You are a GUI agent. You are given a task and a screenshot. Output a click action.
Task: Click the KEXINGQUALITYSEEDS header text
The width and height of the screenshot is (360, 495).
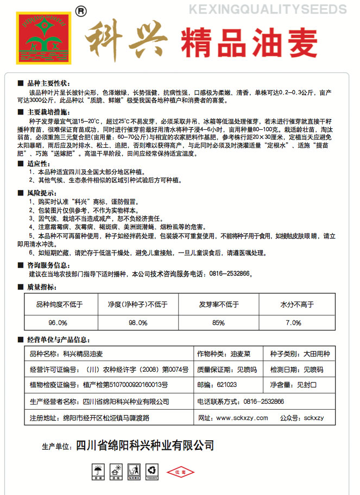266,10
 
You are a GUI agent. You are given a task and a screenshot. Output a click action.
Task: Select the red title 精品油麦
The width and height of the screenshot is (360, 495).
249,43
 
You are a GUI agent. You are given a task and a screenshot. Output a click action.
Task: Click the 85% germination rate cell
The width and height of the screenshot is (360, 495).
218,323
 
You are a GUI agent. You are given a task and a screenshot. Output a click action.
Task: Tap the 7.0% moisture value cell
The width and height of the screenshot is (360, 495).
293,323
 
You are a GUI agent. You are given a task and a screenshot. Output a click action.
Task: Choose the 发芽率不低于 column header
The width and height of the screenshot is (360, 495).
219,304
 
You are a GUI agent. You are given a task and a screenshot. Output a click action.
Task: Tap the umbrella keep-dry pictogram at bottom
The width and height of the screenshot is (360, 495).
98,470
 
